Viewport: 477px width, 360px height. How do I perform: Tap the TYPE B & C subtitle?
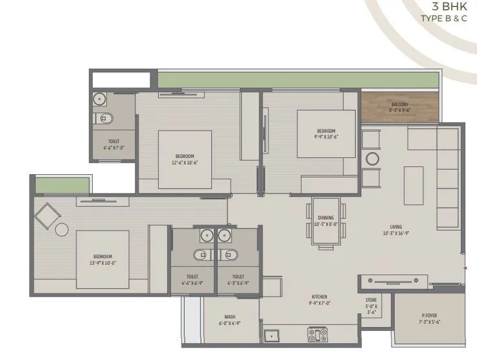(x=444, y=19)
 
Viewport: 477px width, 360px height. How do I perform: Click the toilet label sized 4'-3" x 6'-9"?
(x=238, y=279)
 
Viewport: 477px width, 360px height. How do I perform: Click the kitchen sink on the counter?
(x=271, y=336)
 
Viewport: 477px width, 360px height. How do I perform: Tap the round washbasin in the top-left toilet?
(x=99, y=100)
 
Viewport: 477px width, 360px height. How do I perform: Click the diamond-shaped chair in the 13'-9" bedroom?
(x=47, y=214)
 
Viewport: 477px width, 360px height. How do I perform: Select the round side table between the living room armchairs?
(x=373, y=159)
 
